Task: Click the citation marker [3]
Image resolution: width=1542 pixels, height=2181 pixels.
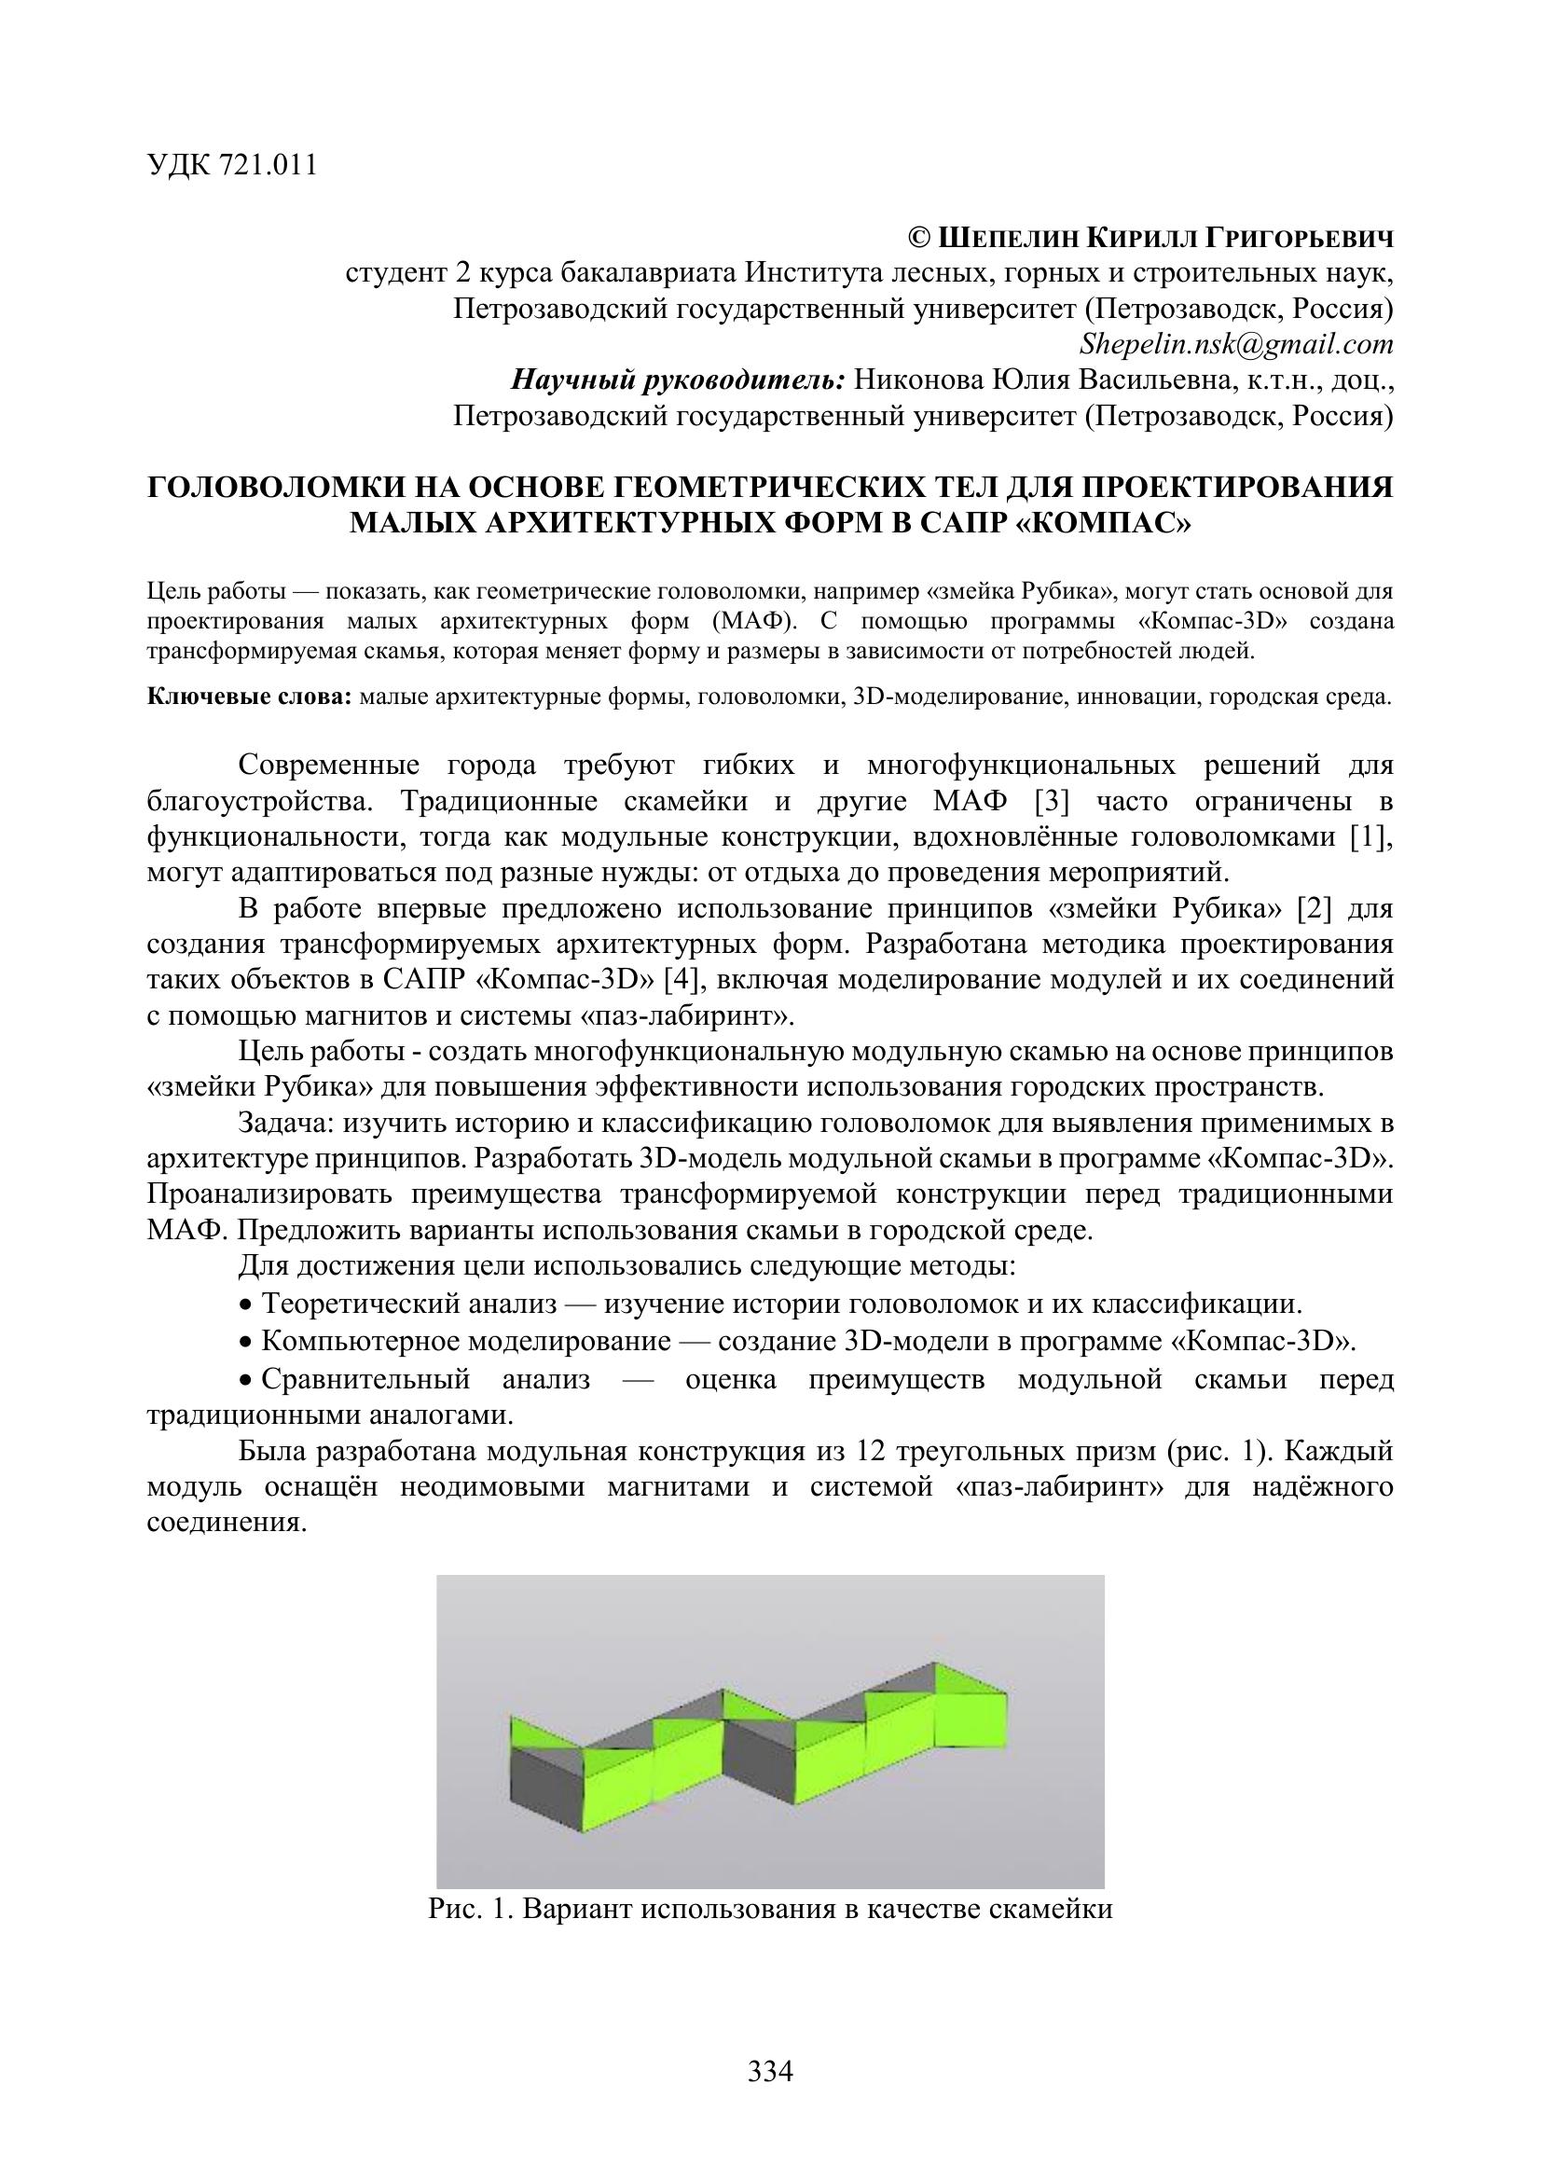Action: [x=1052, y=801]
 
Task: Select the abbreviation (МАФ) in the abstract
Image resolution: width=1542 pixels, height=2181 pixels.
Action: [x=750, y=621]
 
